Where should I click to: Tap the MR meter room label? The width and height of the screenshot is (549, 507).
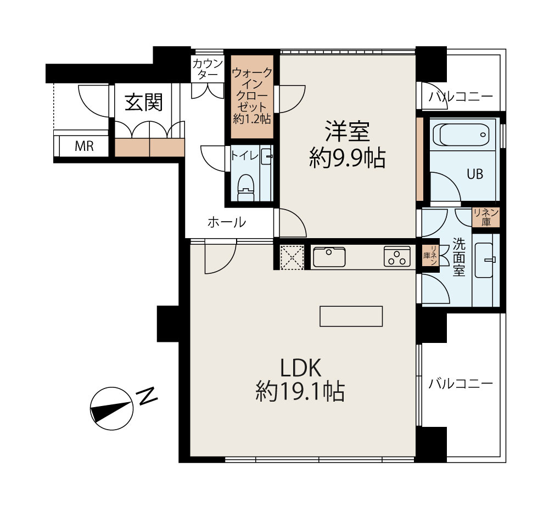coord(84,147)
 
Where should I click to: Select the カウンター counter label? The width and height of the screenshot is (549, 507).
coord(208,69)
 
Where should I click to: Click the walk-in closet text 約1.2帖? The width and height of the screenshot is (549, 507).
coord(252,117)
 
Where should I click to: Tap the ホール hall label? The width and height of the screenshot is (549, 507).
coord(226,223)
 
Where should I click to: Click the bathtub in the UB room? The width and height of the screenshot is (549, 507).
coord(460,135)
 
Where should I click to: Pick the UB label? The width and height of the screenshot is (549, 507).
coord(475,174)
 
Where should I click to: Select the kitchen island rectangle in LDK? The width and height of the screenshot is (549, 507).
coord(351,316)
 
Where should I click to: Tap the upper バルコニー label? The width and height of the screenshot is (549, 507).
coord(461,98)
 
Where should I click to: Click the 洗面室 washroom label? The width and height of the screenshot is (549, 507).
coord(459,257)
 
